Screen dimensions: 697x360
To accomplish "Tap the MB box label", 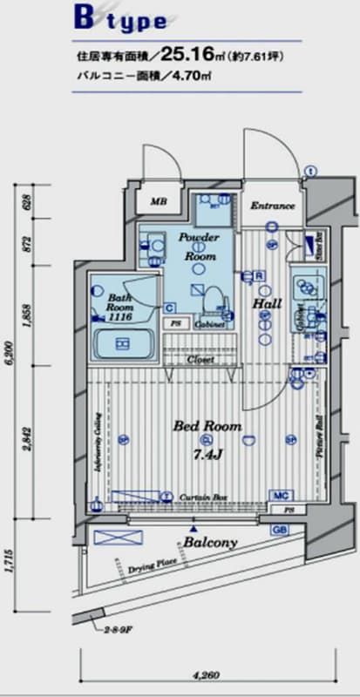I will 158,202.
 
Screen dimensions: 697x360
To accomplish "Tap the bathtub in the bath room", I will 122,345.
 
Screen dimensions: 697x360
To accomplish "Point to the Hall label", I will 266,303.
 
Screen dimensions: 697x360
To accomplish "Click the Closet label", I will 200,358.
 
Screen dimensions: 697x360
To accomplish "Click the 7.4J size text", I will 208,453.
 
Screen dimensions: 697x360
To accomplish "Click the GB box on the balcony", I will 281,529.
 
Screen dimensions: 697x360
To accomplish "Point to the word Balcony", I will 209,542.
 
